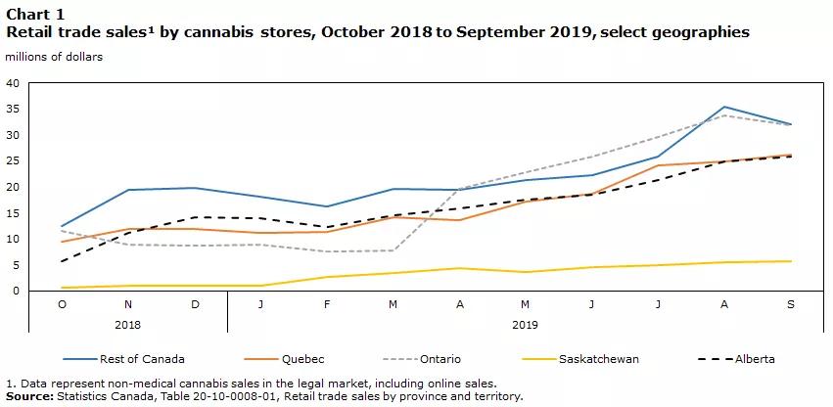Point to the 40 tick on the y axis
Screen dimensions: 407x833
point(13,83)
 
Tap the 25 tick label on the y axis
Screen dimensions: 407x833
point(13,161)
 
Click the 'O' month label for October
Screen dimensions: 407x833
point(63,304)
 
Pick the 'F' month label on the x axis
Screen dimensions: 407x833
point(327,304)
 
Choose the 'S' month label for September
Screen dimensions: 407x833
point(791,304)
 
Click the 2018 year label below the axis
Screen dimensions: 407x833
point(128,323)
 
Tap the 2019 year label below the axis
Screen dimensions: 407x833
point(525,323)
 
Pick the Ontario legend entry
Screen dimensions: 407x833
point(440,359)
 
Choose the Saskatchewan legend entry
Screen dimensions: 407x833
point(598,359)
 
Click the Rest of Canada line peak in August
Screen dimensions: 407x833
point(724,107)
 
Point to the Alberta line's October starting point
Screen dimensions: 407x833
point(63,261)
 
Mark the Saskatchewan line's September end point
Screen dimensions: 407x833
point(791,261)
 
